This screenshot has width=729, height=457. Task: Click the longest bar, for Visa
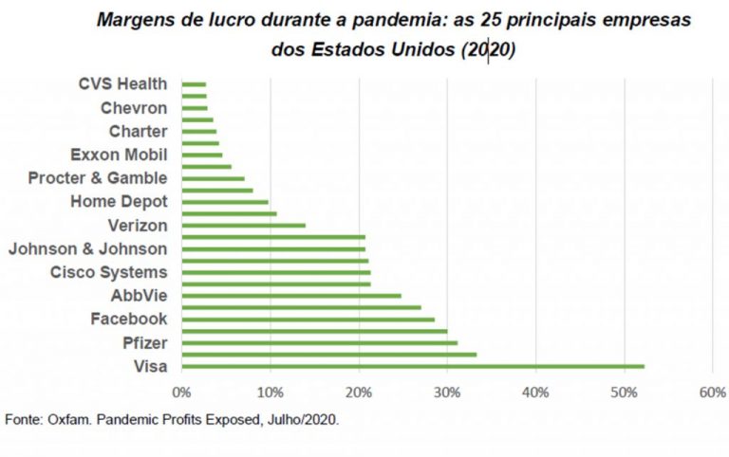(x=413, y=366)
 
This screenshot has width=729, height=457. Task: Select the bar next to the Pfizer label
(x=319, y=342)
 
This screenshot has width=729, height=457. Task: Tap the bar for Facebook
(x=308, y=320)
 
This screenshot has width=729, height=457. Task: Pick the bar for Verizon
(x=243, y=226)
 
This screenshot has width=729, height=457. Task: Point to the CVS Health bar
(x=194, y=84)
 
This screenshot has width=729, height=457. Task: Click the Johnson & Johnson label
(x=87, y=249)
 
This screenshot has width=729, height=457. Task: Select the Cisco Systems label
(x=108, y=273)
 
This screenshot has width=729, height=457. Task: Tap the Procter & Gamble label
(x=98, y=178)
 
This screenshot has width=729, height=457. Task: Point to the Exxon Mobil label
(x=119, y=155)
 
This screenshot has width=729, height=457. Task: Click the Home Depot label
(x=119, y=202)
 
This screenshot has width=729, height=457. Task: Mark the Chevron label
(x=134, y=108)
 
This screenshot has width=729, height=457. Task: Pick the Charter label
(x=138, y=132)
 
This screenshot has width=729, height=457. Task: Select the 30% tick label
(x=447, y=392)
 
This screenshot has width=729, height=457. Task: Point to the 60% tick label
(x=713, y=392)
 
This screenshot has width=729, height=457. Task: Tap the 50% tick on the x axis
(x=624, y=392)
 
